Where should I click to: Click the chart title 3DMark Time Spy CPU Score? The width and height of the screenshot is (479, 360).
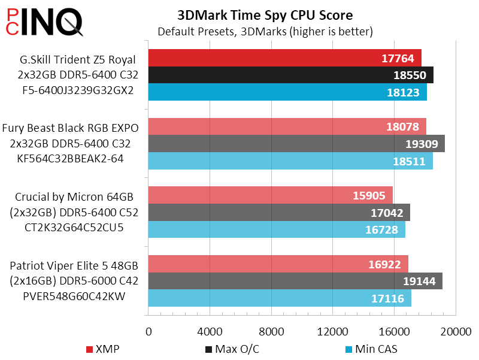tap(265, 14)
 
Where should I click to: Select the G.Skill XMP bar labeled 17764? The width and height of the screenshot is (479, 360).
tap(285, 58)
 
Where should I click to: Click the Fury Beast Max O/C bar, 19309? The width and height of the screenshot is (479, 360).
tap(296, 144)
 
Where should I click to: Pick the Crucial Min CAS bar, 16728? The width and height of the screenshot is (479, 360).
tap(277, 229)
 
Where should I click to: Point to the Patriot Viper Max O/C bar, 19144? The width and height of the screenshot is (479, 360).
tap(295, 281)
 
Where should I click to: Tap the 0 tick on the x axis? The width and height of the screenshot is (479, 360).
tap(148, 332)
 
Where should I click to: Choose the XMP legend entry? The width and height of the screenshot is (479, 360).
tap(102, 349)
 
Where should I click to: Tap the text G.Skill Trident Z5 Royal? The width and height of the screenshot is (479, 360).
tap(74, 59)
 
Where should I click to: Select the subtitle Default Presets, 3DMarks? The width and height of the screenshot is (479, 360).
tap(265, 31)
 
